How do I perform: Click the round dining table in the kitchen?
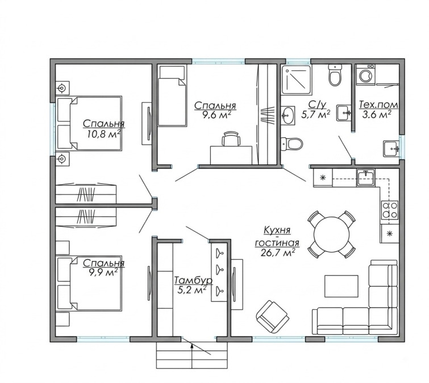[332, 234]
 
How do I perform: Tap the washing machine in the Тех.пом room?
[365, 75]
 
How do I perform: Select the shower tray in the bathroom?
[296, 78]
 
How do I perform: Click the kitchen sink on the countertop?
[366, 178]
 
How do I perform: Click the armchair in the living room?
[273, 316]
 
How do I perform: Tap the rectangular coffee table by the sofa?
[341, 286]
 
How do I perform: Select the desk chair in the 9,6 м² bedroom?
[231, 139]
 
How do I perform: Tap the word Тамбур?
[193, 280]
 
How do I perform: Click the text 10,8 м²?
[104, 134]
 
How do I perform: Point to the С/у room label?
[318, 104]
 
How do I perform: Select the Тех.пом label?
[378, 104]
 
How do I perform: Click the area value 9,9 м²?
[103, 272]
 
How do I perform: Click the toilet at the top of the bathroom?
[335, 75]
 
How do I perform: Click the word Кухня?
[277, 230]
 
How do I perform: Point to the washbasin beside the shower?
[288, 116]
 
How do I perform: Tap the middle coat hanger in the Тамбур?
[219, 269]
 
